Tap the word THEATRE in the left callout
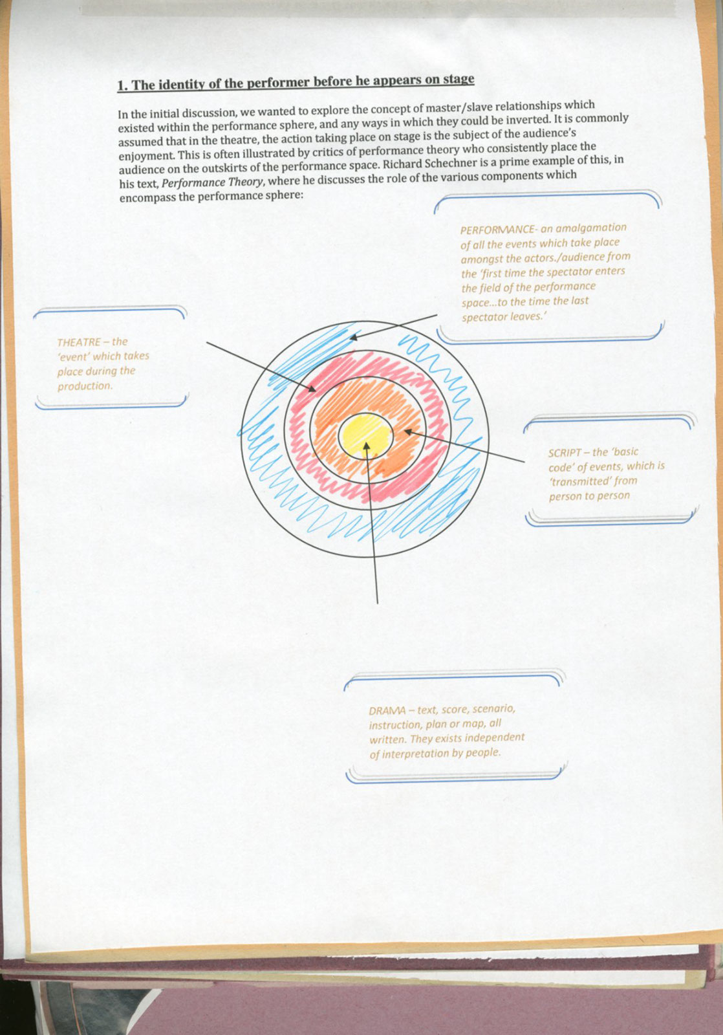79,342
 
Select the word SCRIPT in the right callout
565,453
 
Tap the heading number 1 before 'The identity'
120,85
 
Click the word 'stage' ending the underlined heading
459,79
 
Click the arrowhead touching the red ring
312,389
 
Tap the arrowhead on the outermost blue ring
352,336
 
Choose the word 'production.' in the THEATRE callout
85,386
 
